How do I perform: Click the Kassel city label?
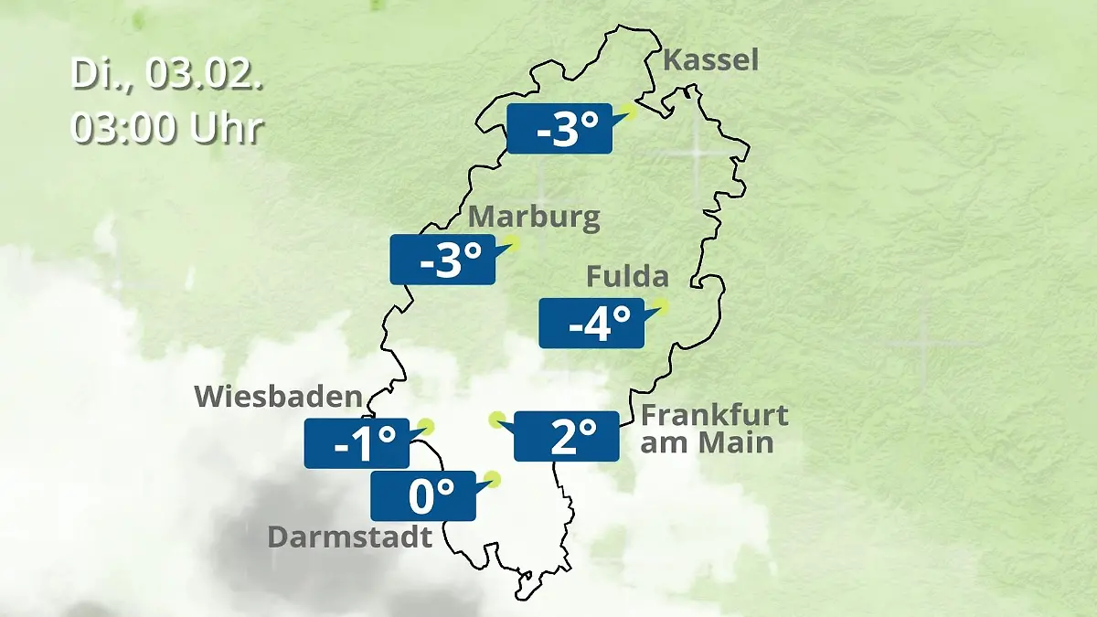tap(710, 61)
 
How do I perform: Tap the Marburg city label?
tap(534, 218)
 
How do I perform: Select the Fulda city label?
tap(627, 276)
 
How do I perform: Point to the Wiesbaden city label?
tap(279, 397)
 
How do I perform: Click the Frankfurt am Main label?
tap(714, 429)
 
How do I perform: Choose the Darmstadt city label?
tap(349, 537)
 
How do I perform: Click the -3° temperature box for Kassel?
tap(559, 129)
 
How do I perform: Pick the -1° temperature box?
tap(357, 443)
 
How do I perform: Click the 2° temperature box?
tap(567, 436)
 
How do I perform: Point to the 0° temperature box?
tap(422, 495)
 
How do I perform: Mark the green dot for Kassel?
tap(628, 112)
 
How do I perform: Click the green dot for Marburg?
tap(511, 243)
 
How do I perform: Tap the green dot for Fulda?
tap(660, 307)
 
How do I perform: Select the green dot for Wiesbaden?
tap(424, 427)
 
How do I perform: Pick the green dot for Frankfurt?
tap(496, 420)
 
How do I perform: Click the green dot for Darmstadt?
tap(493, 478)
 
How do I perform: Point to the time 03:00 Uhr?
tap(167, 128)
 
